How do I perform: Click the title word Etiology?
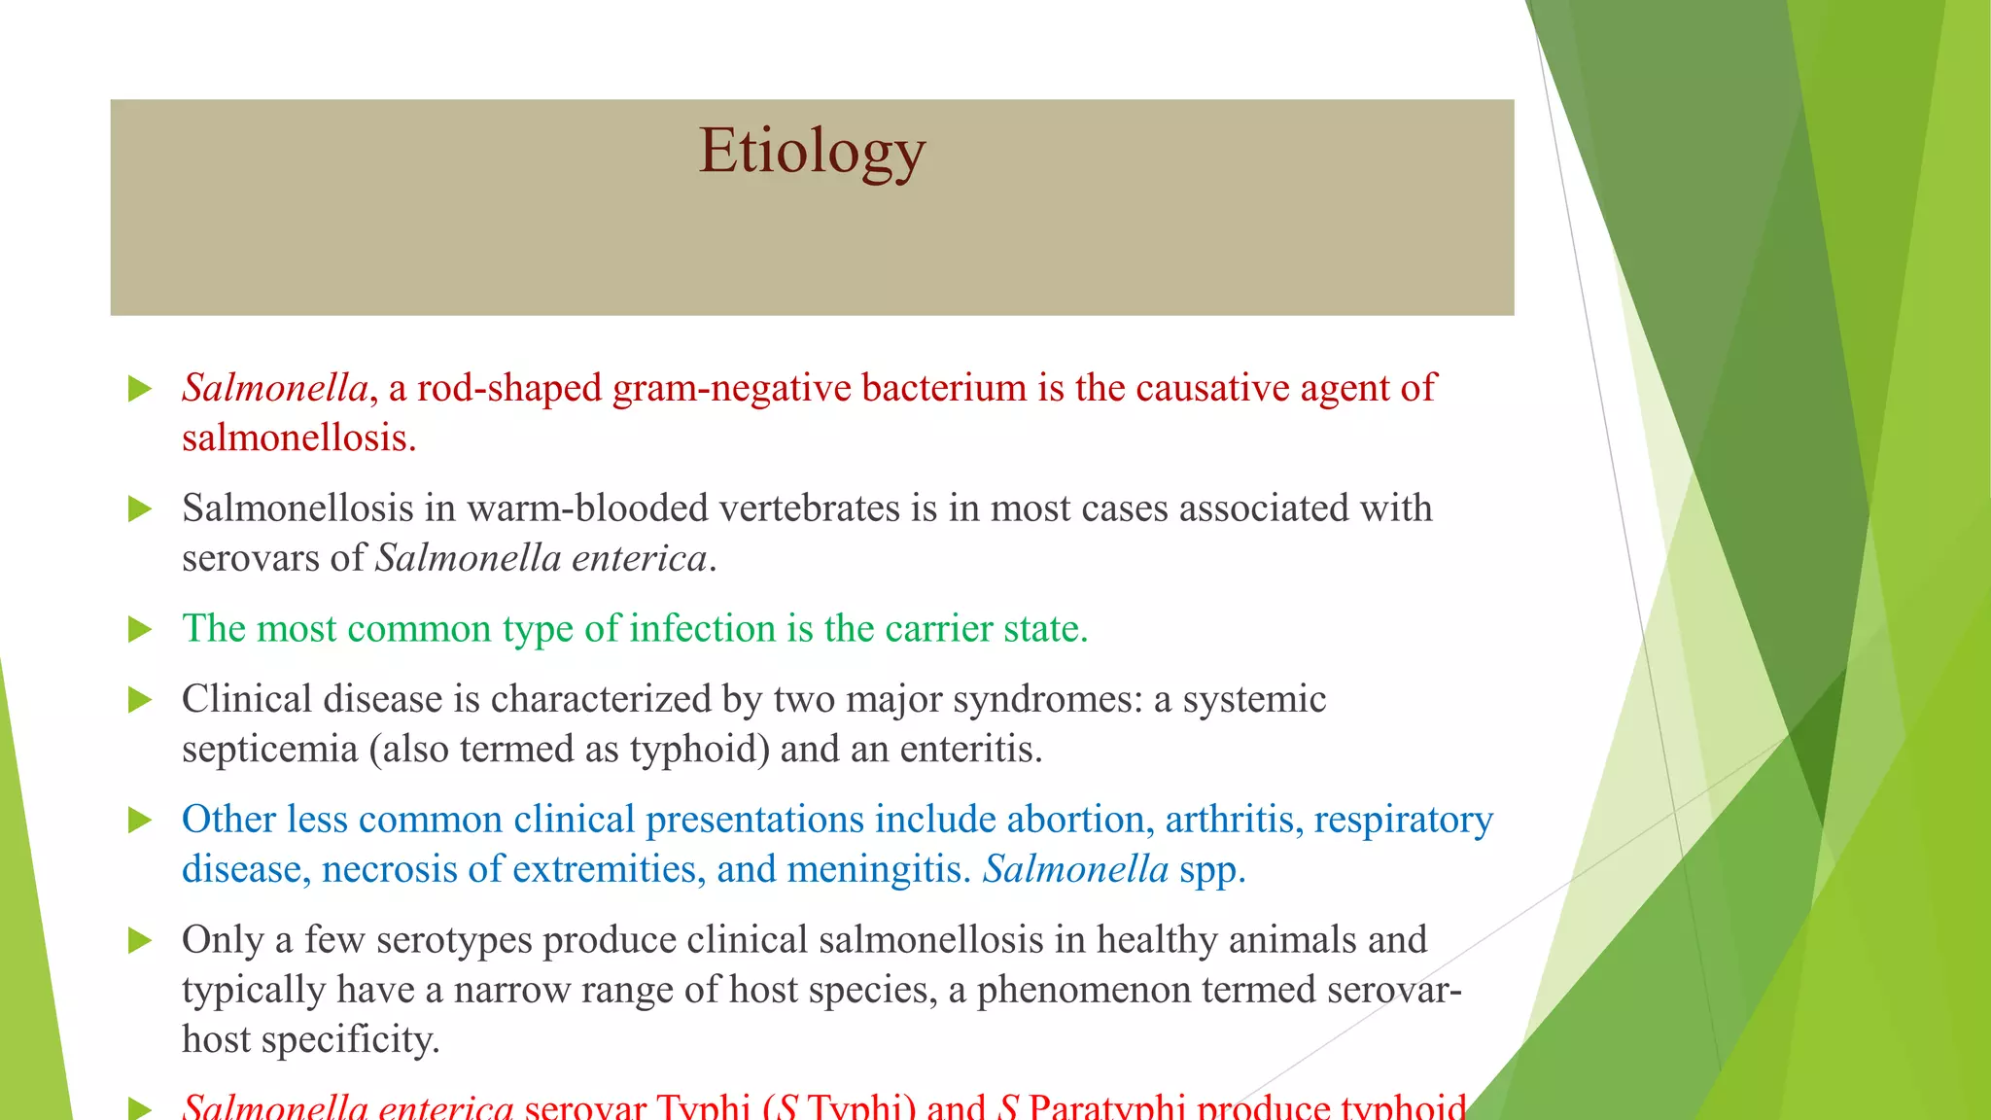[812, 152]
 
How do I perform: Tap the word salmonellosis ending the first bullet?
[298, 437]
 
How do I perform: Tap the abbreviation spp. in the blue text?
[1211, 869]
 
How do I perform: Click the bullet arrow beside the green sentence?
[141, 630]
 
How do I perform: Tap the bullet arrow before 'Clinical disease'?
[141, 700]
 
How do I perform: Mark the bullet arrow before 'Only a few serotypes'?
[141, 941]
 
